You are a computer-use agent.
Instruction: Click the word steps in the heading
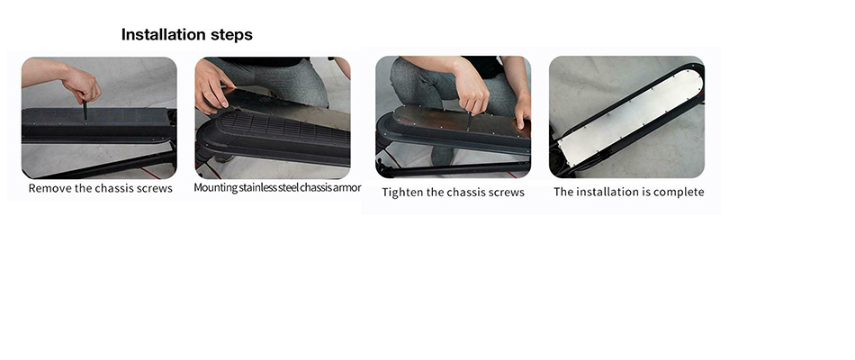[x=231, y=35]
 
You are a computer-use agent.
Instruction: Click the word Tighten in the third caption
[x=401, y=193]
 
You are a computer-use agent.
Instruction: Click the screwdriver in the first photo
[x=85, y=110]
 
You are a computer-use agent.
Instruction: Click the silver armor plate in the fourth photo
[x=631, y=117]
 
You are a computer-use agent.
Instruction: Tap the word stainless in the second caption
[x=261, y=187]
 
